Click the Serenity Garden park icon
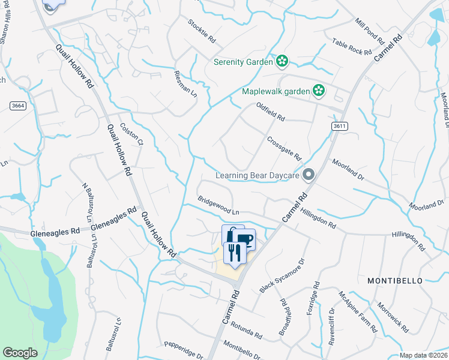pos(282,61)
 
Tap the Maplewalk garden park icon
pos(318,91)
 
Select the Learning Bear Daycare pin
pos(309,175)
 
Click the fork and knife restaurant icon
pos(234,253)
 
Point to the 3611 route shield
pos(339,126)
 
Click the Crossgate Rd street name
pos(284,147)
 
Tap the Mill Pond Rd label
pos(369,31)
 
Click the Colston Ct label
pos(131,134)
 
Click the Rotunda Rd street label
pos(245,330)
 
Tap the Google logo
pos(20,353)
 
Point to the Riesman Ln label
pos(184,85)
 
